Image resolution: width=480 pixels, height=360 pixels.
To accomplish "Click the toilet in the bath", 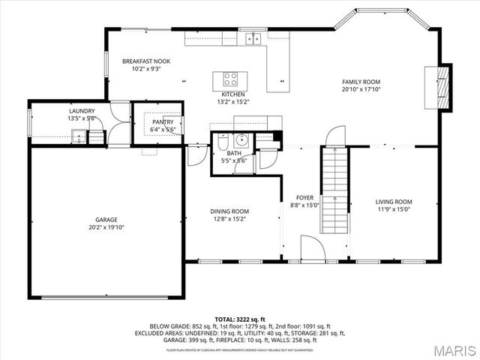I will (x=223, y=142).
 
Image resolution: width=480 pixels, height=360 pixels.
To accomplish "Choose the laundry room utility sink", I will (x=79, y=136).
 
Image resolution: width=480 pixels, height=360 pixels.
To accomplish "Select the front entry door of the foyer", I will (x=310, y=248).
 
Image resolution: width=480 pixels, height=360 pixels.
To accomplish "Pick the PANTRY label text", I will (x=163, y=121).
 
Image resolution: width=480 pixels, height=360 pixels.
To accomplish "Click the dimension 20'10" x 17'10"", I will (x=361, y=89).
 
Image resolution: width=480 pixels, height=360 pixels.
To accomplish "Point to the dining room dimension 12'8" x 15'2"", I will (x=229, y=219).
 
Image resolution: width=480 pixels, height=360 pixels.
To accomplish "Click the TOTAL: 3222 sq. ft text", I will (x=239, y=319).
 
